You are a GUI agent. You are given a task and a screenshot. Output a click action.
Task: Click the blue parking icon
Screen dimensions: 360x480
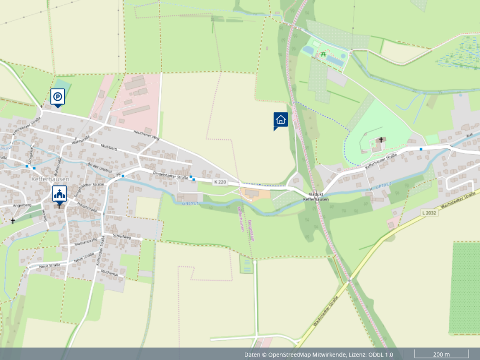[58, 97]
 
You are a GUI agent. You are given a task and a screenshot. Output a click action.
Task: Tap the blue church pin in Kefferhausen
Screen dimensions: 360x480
[60, 194]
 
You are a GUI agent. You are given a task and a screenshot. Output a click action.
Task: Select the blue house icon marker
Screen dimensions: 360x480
[281, 120]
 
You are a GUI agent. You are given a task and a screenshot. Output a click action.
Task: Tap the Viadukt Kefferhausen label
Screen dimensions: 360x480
[316, 197]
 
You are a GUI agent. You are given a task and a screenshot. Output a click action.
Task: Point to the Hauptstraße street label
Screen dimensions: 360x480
[87, 206]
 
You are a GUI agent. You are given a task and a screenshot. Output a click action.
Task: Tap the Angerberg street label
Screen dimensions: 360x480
[22, 205]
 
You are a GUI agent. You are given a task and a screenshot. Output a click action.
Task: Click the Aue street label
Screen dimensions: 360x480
[469, 135]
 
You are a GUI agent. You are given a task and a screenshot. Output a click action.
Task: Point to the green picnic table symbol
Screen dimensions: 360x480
[324, 55]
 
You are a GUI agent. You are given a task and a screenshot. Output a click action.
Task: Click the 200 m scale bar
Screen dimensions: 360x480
[441, 354]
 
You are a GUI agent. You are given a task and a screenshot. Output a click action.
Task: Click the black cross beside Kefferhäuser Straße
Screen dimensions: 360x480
[382, 140]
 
